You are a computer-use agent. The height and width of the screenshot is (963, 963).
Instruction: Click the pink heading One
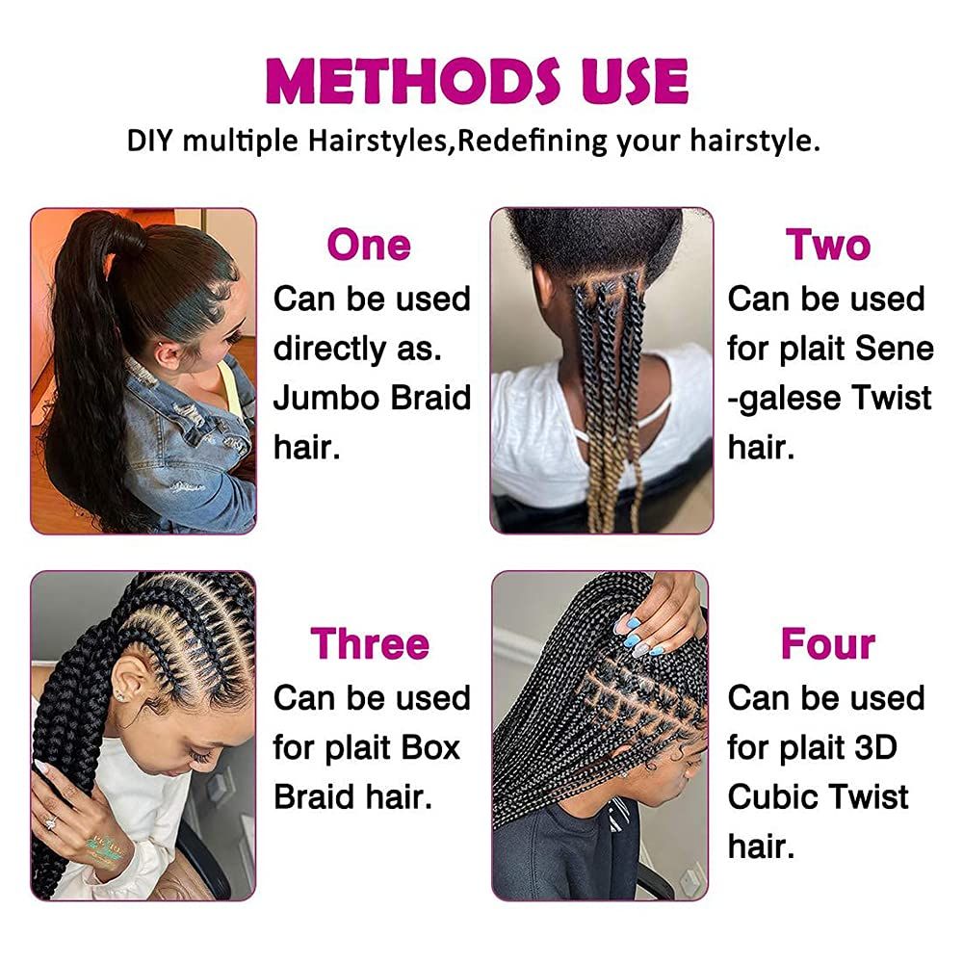click(369, 246)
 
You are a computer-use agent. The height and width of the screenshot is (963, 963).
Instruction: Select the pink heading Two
click(828, 246)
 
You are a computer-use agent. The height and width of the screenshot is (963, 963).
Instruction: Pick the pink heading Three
click(370, 643)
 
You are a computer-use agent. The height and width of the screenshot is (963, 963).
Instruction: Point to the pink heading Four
click(828, 643)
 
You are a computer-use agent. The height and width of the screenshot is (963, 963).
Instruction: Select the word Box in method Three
click(424, 747)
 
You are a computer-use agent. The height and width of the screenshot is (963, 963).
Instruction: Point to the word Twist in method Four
click(871, 797)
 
